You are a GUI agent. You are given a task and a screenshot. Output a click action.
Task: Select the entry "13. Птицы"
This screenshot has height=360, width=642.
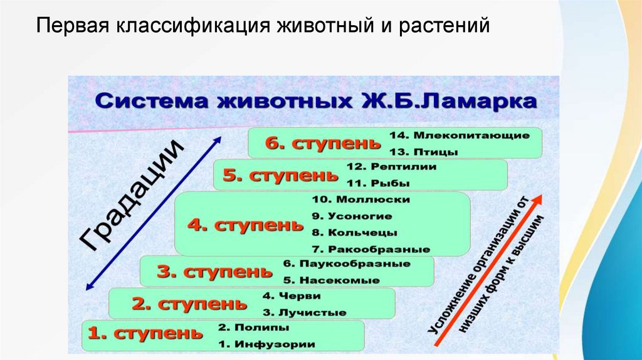point(423,152)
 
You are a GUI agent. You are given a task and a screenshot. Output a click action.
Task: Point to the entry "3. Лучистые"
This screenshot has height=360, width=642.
point(295,312)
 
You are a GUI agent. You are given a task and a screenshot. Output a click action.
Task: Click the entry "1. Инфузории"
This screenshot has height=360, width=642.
point(266,344)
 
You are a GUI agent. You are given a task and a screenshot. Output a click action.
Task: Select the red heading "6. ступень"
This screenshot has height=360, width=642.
point(322,144)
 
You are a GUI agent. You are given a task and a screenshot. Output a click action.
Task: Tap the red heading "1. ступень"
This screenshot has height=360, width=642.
point(145,335)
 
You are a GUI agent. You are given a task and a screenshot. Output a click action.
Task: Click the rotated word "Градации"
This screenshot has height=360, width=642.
point(132,196)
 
